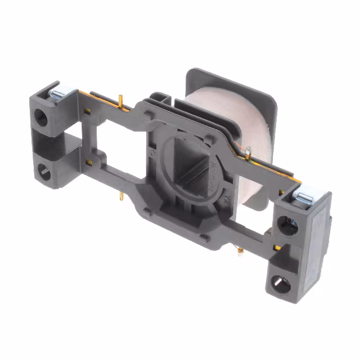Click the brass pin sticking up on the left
[121, 102]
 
